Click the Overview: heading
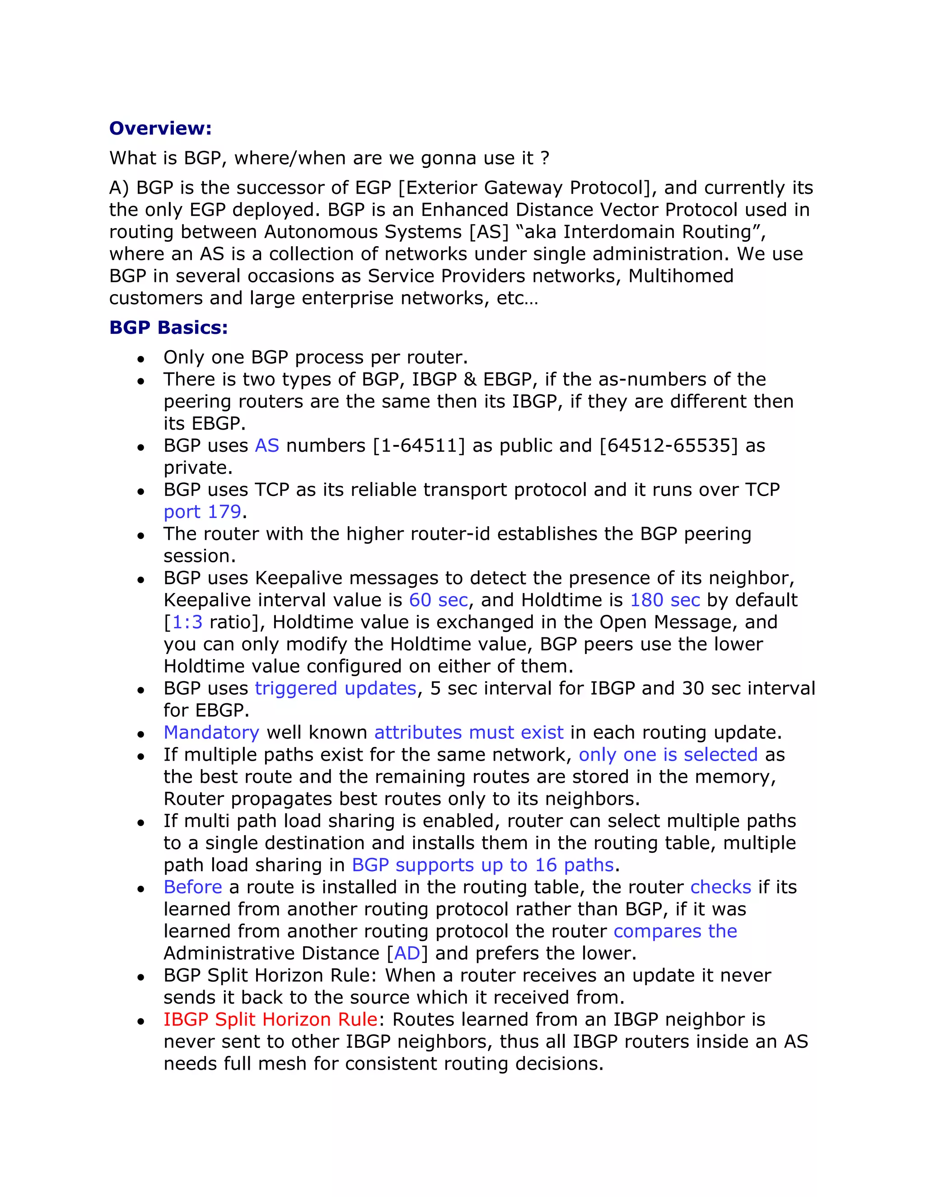(160, 128)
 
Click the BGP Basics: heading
(168, 328)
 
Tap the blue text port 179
(202, 512)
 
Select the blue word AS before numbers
(267, 445)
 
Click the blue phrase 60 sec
(439, 600)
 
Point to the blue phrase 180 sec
(665, 600)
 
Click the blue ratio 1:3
(187, 622)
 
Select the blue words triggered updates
(336, 688)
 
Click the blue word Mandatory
(211, 733)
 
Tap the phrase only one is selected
(668, 755)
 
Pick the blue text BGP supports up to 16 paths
(482, 865)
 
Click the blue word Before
(193, 887)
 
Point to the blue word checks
(720, 887)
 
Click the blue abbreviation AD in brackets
(406, 954)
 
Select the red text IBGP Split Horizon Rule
(270, 1020)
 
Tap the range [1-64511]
(419, 445)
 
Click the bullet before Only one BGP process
(141, 360)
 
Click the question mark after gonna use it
(544, 159)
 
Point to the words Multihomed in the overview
(681, 276)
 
